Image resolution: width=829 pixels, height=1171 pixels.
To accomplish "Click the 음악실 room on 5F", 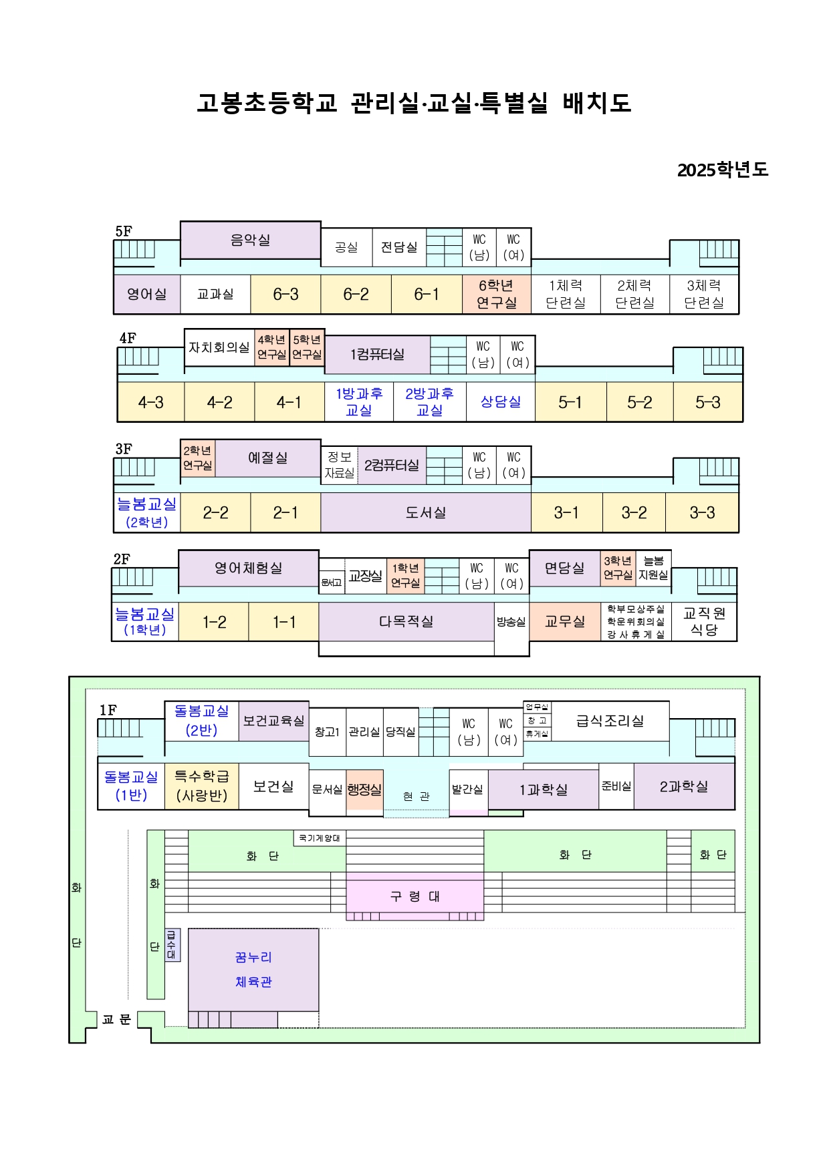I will click(x=250, y=240).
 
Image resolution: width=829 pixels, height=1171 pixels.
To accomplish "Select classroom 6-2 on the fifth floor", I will click(x=356, y=295).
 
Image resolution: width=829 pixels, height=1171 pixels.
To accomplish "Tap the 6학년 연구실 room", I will click(x=496, y=295).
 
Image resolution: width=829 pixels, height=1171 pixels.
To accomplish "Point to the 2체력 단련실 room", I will click(x=634, y=295).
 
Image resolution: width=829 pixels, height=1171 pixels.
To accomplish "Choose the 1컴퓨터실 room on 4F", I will click(x=377, y=355).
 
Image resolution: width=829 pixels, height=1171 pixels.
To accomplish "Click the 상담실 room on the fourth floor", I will click(x=501, y=402).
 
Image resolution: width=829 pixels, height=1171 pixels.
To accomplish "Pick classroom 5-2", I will click(x=640, y=402).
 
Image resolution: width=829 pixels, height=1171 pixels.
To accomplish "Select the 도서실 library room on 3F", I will click(x=426, y=512).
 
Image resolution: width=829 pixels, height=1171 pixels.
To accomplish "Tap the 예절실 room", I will click(x=267, y=458).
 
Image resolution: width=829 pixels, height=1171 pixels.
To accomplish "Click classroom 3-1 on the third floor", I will click(x=566, y=512).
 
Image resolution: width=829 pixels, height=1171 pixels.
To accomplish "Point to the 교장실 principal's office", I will click(x=365, y=576).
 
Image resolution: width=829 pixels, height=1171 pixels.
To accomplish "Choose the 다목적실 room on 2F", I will click(x=406, y=622).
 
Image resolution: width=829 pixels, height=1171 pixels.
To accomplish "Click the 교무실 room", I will click(x=565, y=622).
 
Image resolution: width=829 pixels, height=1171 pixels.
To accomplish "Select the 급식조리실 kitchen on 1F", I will click(x=610, y=721).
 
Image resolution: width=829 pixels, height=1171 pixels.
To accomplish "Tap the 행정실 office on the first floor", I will click(x=364, y=790).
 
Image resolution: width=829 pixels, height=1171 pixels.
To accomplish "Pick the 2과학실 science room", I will click(x=684, y=787).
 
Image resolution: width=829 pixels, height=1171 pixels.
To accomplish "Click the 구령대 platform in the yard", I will click(x=414, y=896).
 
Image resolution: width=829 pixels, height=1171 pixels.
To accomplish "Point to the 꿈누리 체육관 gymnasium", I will click(x=253, y=969).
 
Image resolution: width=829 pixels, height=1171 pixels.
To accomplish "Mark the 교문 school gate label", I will click(x=116, y=1019).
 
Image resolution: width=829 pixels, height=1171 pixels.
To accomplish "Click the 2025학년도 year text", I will click(x=723, y=170).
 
